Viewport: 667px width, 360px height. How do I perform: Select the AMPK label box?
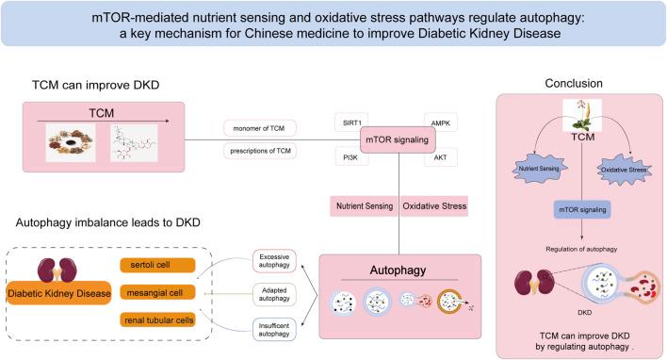click(440, 123)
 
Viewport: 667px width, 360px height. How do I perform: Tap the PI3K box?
click(350, 158)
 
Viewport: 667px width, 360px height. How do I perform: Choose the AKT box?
click(440, 158)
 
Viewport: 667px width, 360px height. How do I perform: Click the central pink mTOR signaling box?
click(397, 141)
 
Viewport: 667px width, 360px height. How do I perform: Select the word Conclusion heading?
click(573, 83)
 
